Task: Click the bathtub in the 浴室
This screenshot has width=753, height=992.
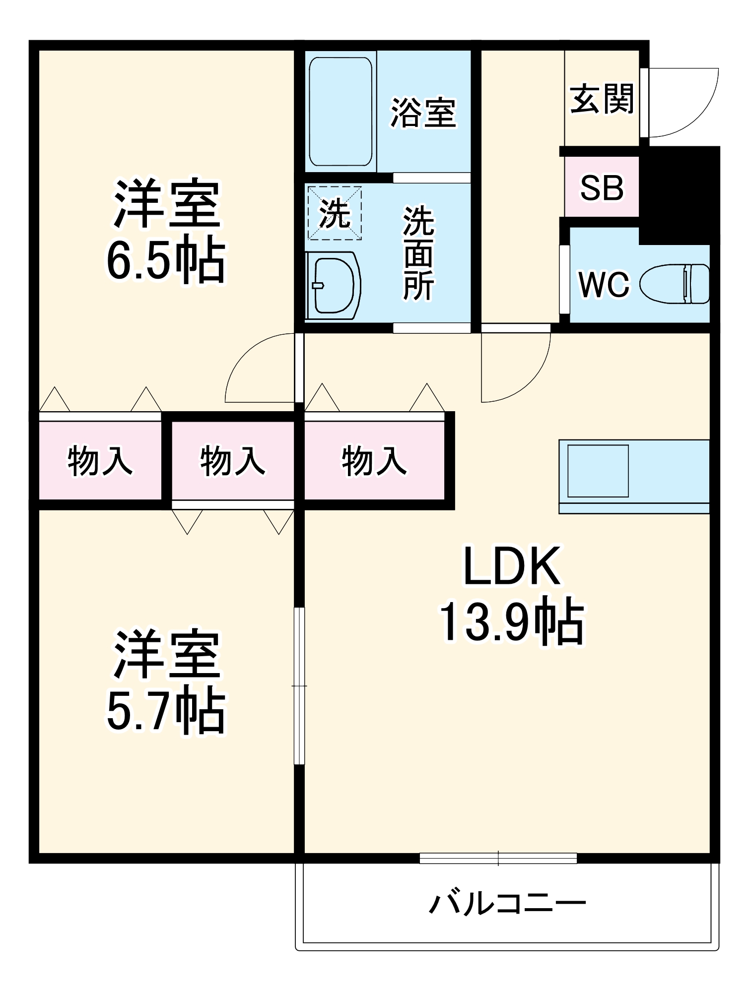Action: (x=341, y=111)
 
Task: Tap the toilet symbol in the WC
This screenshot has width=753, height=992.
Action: (x=675, y=284)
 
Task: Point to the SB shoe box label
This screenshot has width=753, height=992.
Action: (x=602, y=187)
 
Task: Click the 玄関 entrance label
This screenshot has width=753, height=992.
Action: (x=602, y=99)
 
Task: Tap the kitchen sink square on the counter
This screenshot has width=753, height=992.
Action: (x=598, y=471)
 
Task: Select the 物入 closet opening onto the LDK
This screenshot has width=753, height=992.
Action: (x=374, y=460)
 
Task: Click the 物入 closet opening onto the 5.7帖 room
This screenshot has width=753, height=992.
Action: (x=232, y=460)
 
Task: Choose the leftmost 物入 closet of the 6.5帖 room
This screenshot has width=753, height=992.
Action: (x=100, y=460)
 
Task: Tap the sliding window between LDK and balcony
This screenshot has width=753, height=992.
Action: (x=498, y=858)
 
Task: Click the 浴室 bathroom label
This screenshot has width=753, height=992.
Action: (x=423, y=113)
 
